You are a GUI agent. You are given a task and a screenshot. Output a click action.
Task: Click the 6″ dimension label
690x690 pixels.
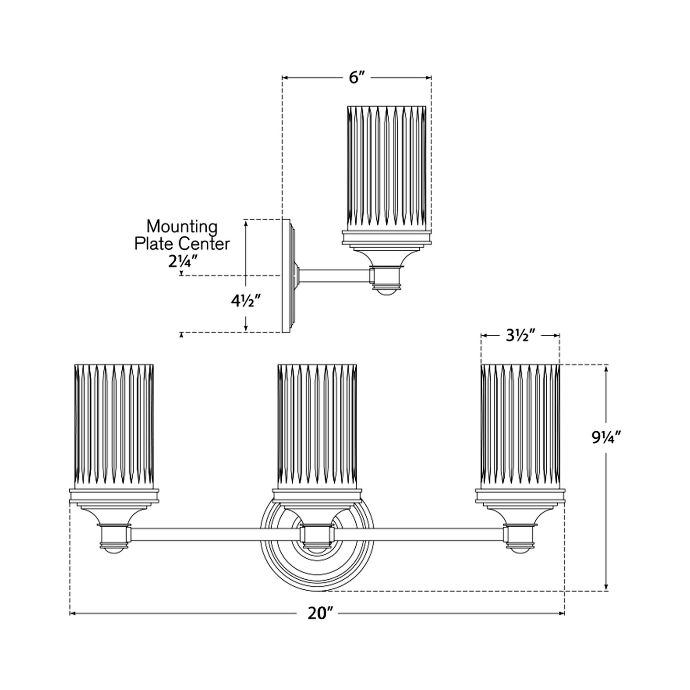356,77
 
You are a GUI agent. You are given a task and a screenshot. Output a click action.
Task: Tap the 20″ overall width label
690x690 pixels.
319,613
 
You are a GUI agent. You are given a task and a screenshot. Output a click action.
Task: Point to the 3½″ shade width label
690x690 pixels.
520,336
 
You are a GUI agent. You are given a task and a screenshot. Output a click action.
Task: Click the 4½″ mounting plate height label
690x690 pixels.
245,302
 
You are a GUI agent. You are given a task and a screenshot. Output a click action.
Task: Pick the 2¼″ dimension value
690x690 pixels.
181,261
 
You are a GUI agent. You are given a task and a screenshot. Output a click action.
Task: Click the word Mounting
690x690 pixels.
181,226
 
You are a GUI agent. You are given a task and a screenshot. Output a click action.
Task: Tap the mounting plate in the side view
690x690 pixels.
288,276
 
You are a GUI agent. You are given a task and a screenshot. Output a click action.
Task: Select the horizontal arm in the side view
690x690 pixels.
334,276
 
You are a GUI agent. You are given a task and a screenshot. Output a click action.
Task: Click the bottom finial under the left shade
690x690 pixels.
114,549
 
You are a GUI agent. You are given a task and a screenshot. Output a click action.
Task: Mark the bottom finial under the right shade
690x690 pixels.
520,549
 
